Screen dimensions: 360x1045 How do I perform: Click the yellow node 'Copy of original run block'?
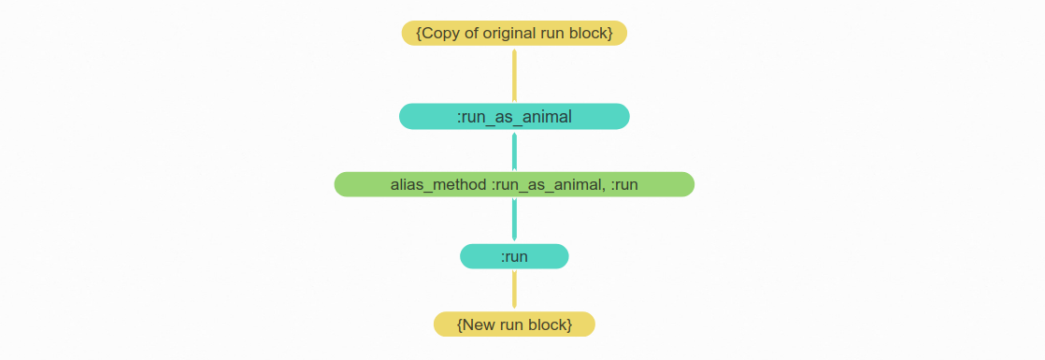click(514, 33)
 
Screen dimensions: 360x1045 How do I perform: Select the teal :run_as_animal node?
click(514, 116)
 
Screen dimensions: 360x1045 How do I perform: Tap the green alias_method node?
click(514, 184)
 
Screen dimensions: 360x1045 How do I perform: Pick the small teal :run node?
click(514, 256)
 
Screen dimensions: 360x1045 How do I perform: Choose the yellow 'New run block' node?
click(514, 324)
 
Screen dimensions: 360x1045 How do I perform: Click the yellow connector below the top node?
click(514, 75)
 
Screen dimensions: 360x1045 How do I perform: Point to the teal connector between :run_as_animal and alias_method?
click(514, 151)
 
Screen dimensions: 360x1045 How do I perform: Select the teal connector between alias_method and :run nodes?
click(514, 220)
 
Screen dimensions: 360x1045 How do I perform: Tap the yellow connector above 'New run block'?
click(514, 290)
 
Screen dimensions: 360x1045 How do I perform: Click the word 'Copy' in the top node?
click(440, 33)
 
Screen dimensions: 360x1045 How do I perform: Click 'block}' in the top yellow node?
click(592, 33)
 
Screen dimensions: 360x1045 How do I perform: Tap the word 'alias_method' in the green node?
click(438, 184)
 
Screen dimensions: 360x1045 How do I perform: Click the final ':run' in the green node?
click(623, 184)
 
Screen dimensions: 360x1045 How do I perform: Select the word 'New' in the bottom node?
click(479, 324)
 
